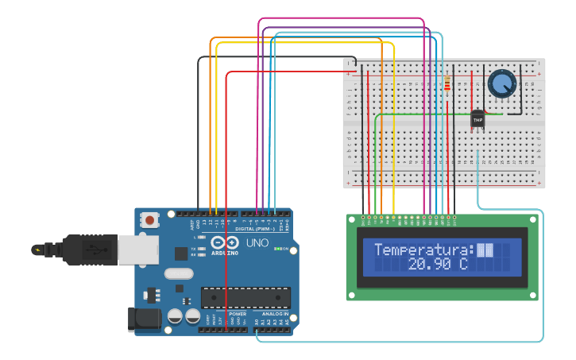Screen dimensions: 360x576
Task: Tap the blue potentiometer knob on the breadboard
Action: pos(501,83)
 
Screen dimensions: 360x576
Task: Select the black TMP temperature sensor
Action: pos(477,118)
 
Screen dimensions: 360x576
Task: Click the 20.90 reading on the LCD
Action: pos(430,264)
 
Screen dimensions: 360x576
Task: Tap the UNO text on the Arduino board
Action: pos(257,242)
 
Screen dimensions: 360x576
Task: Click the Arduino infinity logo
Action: pos(225,243)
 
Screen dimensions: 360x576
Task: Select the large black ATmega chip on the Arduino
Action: pos(245,297)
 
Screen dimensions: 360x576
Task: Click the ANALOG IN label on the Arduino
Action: pos(274,314)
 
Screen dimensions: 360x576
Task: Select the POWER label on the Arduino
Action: pos(238,314)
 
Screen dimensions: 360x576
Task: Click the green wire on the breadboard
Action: pos(413,114)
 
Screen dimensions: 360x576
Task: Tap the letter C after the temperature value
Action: pos(462,264)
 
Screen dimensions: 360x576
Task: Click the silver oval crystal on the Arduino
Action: pos(179,273)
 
